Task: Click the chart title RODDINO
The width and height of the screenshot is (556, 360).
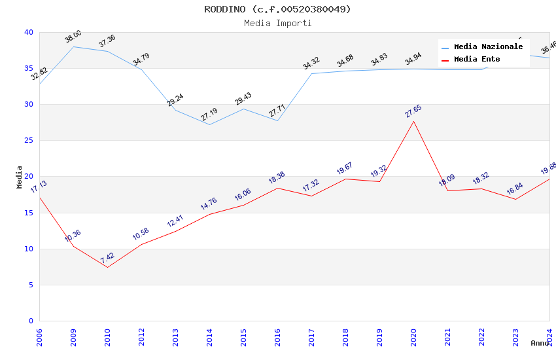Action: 277,9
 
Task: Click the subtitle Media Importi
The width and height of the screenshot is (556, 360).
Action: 277,23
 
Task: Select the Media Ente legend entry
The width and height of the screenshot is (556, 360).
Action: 477,59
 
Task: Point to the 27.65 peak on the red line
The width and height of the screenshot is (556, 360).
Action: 413,121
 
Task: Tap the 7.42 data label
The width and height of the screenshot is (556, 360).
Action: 107,258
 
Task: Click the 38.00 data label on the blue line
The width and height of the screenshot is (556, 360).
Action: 73,37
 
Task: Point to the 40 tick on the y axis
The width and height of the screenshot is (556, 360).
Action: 28,32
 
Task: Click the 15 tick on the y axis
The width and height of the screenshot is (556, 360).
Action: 28,213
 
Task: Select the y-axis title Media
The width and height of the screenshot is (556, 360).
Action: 19,177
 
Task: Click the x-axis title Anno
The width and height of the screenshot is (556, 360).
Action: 540,343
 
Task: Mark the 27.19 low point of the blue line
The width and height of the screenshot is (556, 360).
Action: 209,124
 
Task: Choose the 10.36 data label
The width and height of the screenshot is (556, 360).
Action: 73,236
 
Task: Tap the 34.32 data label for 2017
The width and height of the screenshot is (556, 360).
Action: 311,63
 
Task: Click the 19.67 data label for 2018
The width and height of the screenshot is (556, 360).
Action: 345,169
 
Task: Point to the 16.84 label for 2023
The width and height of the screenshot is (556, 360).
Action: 515,189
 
